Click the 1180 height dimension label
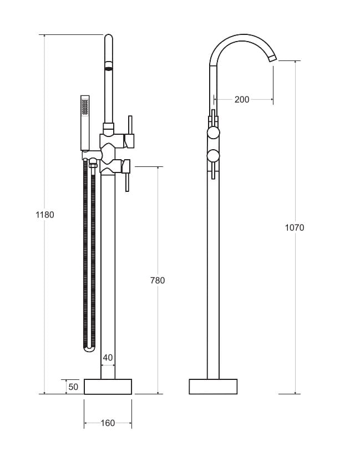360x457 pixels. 45,214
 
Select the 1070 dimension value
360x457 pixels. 295,227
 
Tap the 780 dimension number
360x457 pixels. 158,281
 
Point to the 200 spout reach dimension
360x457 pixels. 242,100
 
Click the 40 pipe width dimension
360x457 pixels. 108,358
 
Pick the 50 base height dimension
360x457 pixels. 73,387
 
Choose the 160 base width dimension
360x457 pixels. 108,423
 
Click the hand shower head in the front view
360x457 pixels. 85,106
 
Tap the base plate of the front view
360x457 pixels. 108,387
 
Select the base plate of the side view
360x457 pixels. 213,387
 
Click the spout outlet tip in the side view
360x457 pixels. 272,58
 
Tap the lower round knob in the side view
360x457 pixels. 213,156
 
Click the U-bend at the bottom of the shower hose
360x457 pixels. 89,348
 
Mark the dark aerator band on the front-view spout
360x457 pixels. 109,69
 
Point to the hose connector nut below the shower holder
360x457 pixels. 93,164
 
